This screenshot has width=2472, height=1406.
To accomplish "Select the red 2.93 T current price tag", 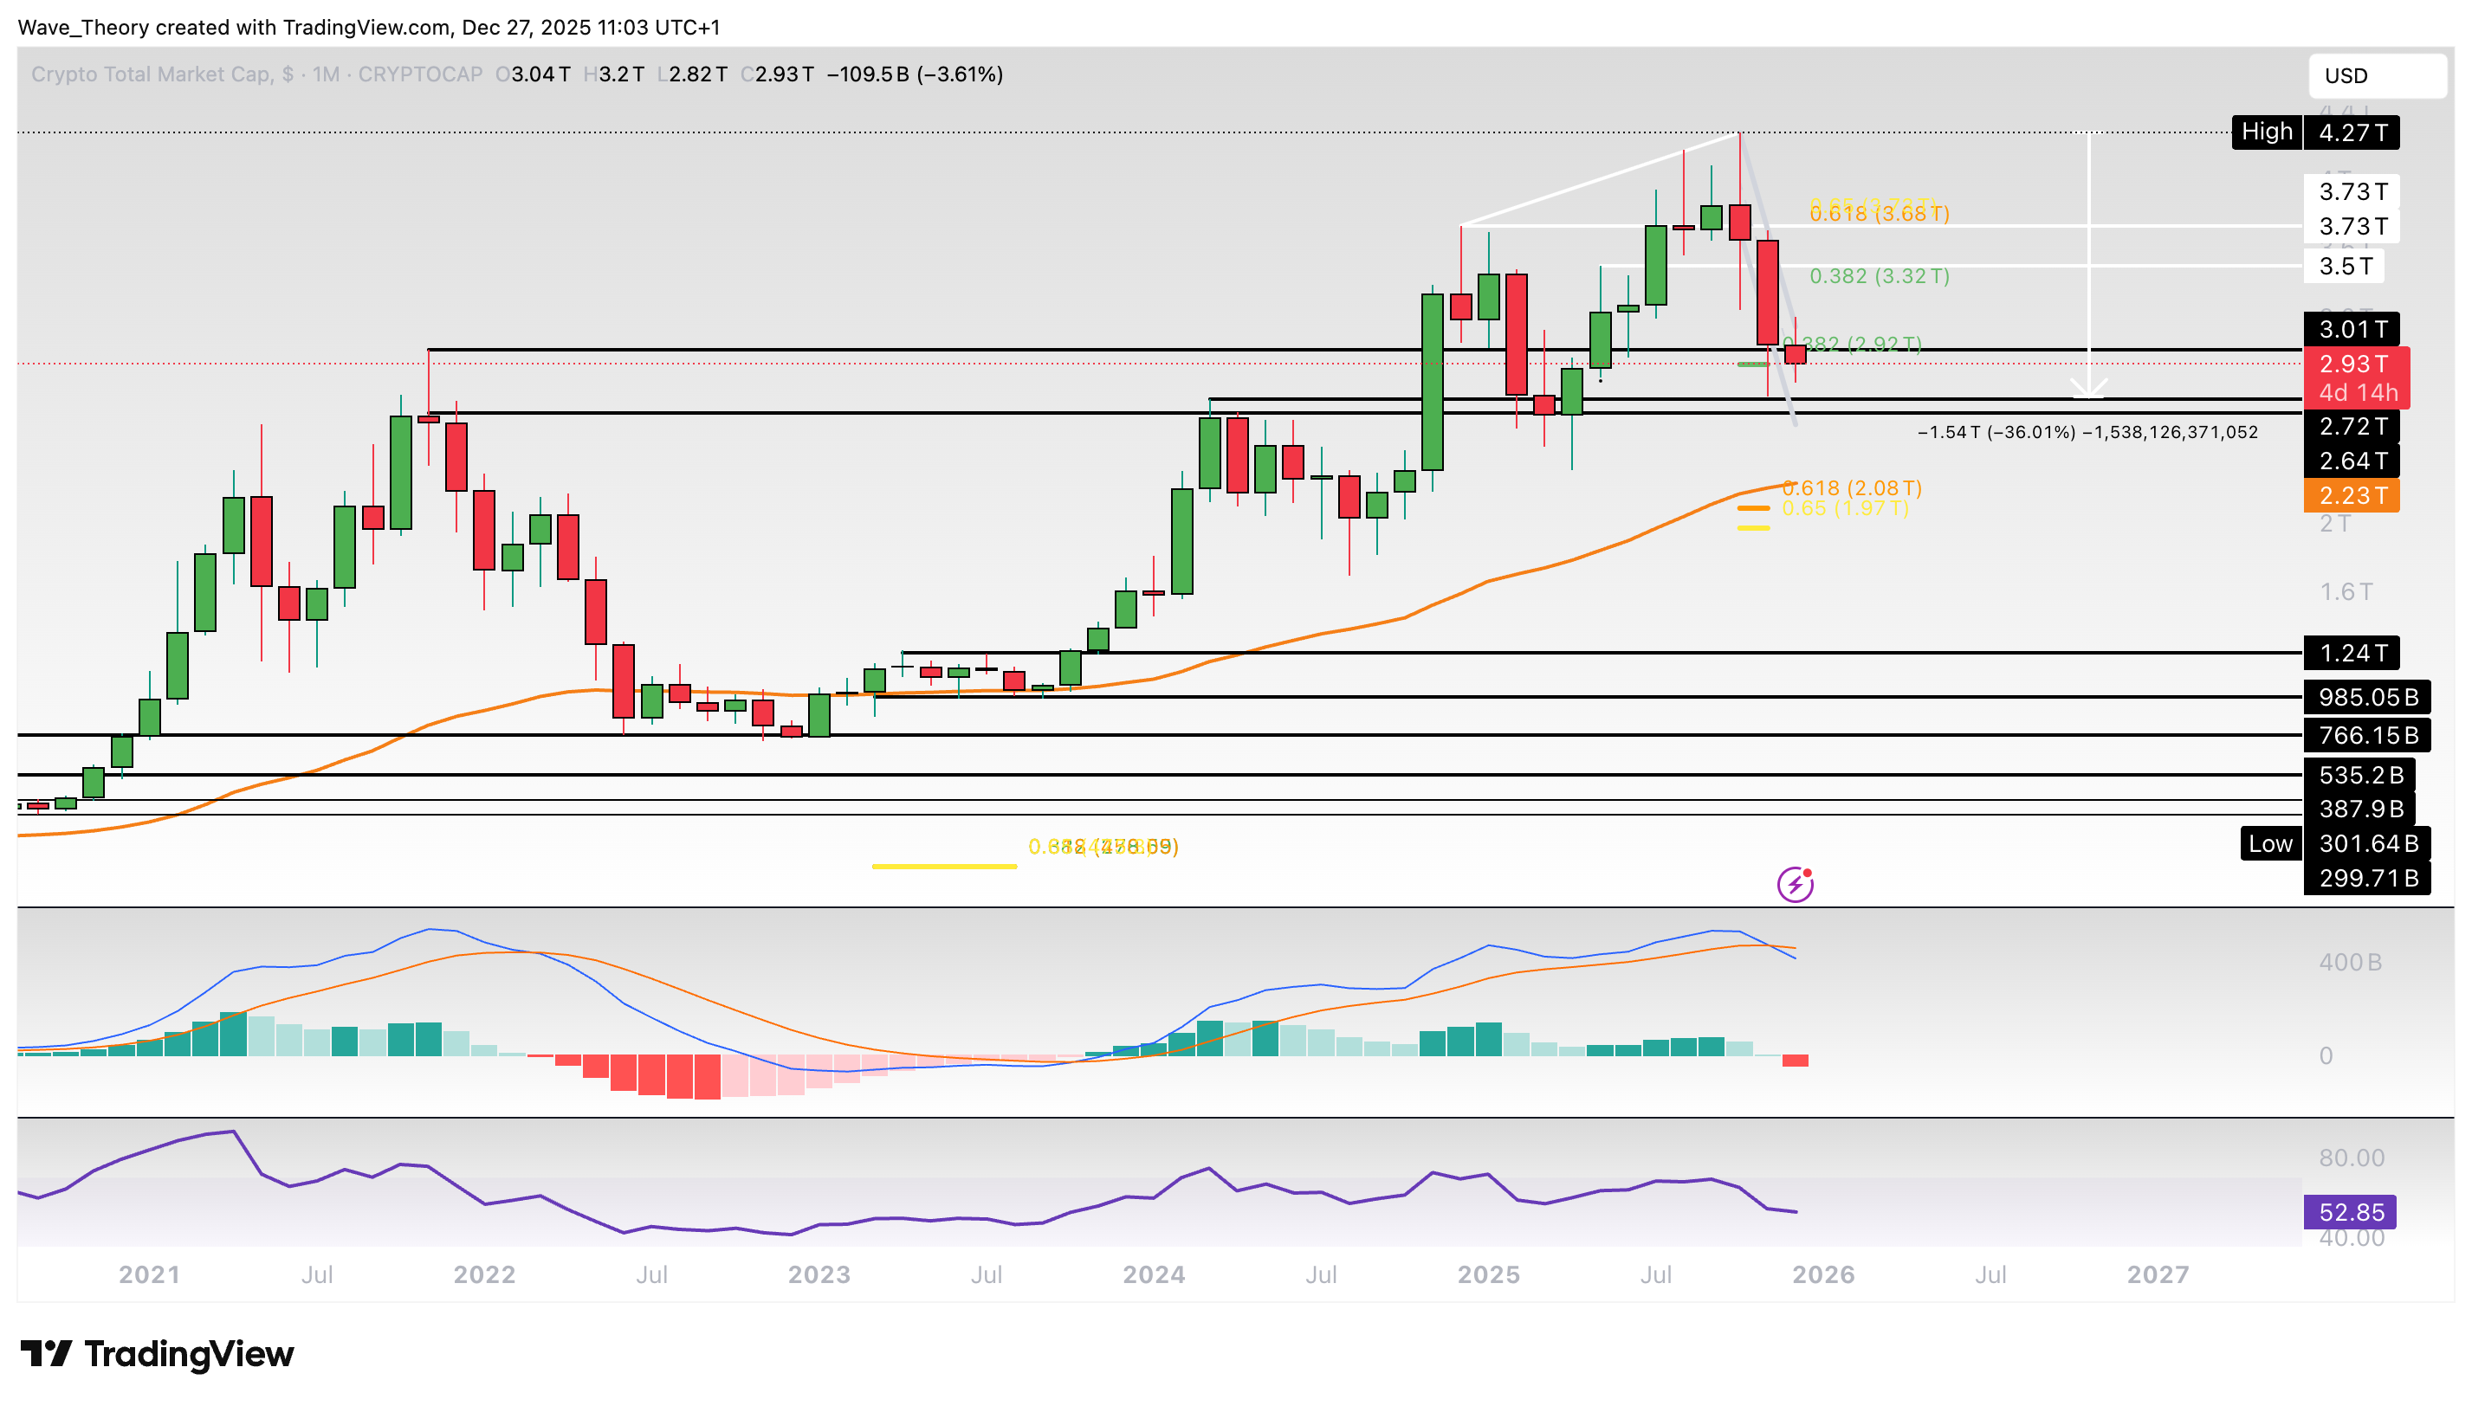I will point(2353,364).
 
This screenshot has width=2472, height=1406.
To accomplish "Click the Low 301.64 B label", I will point(2334,843).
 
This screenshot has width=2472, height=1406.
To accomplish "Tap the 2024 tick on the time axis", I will point(1154,1274).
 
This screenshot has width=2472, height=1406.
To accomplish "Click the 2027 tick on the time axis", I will point(2157,1274).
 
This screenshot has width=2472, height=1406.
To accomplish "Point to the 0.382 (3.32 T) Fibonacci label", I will point(1878,276).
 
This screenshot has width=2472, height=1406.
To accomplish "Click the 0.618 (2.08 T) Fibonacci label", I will point(1851,487).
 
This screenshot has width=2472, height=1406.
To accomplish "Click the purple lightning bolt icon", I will point(1794,884).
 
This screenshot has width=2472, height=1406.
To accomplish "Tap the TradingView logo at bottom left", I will point(158,1354).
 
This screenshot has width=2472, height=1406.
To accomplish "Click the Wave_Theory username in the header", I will point(83,27).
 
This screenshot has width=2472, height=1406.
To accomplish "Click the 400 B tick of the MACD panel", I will point(2349,962).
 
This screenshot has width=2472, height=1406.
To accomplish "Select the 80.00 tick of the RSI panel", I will point(2350,1157).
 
